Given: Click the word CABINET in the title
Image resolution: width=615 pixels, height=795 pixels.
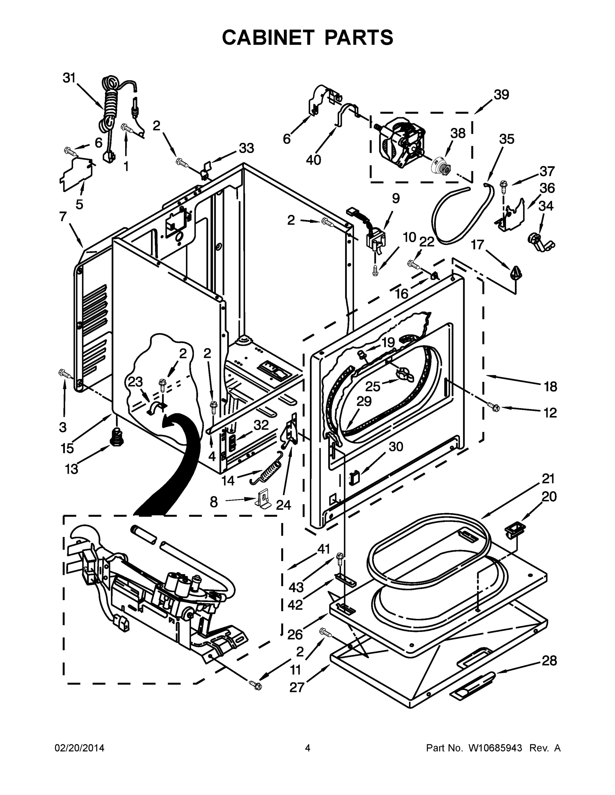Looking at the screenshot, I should point(268,37).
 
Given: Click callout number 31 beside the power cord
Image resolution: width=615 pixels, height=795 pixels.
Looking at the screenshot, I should point(69,78).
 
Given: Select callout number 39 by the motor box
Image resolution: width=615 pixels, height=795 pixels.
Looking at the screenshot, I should point(501,95).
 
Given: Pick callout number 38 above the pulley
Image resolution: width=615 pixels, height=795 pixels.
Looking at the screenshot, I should point(458,133).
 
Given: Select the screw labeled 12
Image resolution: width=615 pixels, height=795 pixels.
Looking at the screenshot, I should point(494,408).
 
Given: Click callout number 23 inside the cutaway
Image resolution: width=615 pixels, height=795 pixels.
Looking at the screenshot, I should point(135,382).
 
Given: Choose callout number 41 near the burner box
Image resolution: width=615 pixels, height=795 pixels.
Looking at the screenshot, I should point(324,549).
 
